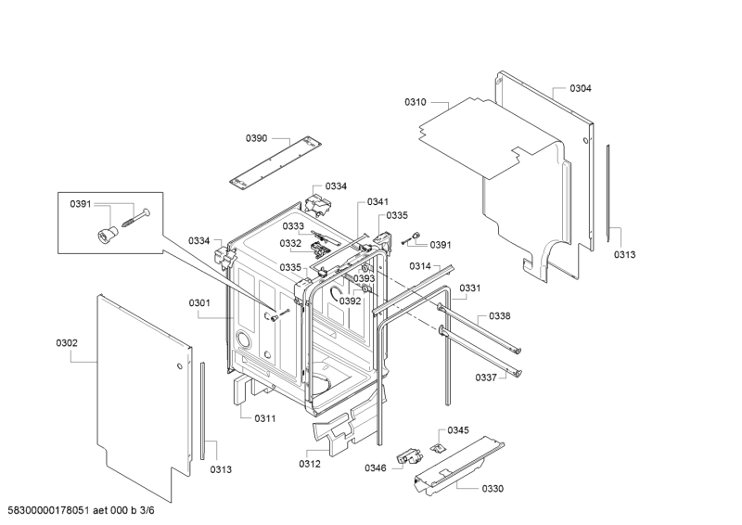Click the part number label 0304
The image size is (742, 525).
click(581, 88)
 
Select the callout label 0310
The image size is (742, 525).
click(415, 102)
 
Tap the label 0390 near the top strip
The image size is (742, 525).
click(257, 138)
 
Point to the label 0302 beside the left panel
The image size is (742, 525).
click(67, 343)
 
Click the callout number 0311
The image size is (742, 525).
click(265, 418)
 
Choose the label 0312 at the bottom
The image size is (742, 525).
click(310, 464)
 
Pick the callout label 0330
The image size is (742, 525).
click(493, 489)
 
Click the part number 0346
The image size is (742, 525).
click(376, 468)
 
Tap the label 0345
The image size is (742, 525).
click(458, 429)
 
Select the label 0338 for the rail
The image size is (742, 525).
click(500, 316)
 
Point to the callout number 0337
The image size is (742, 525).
click(486, 378)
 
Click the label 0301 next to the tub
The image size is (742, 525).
click(199, 303)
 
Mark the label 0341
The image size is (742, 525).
click(377, 202)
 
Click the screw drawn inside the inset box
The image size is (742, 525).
click(135, 217)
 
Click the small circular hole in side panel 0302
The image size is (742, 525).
click(179, 366)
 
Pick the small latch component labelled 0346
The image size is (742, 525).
click(408, 458)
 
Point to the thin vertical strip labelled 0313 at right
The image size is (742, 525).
click(608, 194)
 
